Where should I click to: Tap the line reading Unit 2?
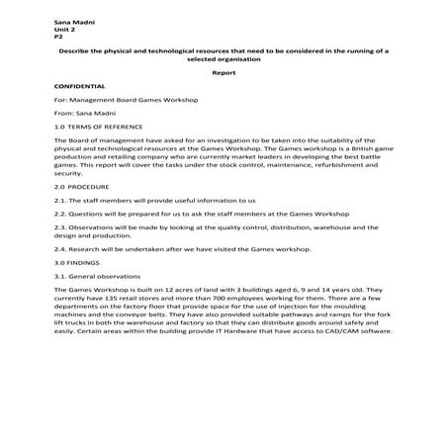62,28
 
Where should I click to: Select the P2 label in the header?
58,36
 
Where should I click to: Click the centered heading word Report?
224,73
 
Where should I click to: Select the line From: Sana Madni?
78,114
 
